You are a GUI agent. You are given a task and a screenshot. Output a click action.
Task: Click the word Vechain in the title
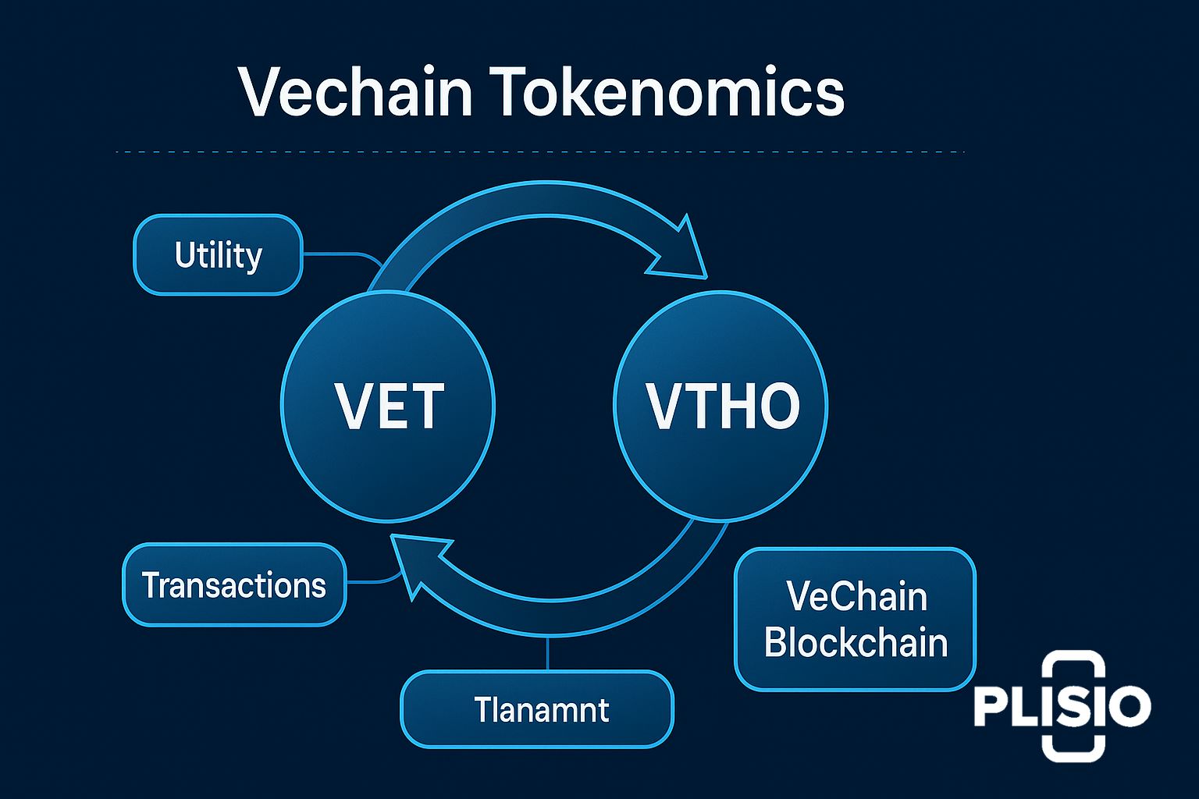coord(355,92)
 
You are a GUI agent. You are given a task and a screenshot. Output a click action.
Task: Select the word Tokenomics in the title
coord(669,92)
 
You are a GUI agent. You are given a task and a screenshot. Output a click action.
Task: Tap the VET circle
coord(388,406)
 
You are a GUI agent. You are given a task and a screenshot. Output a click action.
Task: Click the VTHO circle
coord(721,406)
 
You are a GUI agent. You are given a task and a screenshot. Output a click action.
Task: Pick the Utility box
coord(218,255)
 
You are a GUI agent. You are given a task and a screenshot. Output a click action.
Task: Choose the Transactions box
coord(233,585)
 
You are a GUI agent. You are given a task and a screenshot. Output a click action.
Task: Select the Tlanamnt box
coord(537,710)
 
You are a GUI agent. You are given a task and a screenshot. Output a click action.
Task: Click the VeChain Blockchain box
coord(856,620)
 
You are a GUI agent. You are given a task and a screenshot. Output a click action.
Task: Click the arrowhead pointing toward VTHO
coord(679,254)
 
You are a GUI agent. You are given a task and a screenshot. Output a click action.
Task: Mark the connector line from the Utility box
coord(340,254)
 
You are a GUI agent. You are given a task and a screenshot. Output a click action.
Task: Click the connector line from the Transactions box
coord(371,581)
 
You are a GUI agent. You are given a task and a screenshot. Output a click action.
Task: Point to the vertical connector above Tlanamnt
coord(549,654)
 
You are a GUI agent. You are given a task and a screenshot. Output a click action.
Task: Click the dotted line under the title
coord(539,151)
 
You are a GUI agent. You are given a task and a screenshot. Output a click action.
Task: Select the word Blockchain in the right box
coord(856,643)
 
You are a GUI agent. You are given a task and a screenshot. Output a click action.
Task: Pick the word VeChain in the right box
coord(856,597)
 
